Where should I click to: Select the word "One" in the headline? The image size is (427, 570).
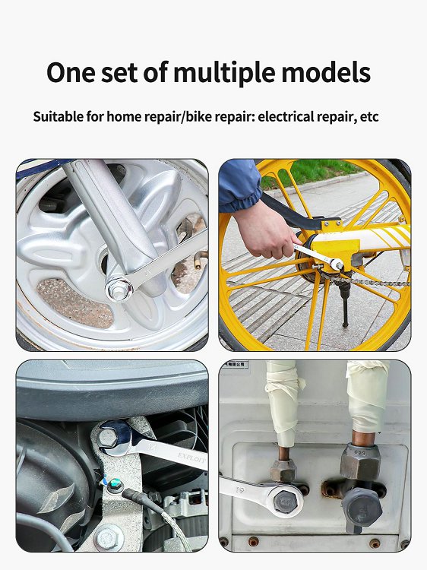(x=71, y=72)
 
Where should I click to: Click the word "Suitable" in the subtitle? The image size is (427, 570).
(x=59, y=117)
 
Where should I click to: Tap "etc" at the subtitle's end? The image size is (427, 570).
(x=369, y=117)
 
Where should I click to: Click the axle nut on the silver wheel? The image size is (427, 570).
(x=118, y=288)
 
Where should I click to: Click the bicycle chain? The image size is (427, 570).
(x=367, y=281)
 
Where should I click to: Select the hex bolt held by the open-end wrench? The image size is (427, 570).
(x=109, y=438)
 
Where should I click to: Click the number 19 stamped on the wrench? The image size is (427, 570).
(x=240, y=490)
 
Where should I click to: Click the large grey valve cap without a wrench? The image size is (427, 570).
(x=361, y=510)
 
